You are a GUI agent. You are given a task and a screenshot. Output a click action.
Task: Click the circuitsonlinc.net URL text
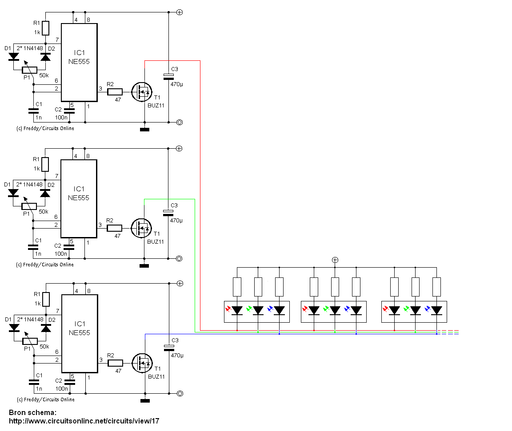coord(84,421)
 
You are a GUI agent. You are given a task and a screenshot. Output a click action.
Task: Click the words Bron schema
coord(32,412)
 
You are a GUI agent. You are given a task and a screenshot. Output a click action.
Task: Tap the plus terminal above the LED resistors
coord(335,260)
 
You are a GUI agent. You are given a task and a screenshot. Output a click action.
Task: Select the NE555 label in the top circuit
coord(79,62)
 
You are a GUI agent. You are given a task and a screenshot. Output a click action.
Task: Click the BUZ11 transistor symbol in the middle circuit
coord(141,228)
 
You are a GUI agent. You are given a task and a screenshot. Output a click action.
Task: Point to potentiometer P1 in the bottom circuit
coord(30,341)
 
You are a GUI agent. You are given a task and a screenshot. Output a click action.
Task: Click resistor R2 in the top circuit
coord(115,92)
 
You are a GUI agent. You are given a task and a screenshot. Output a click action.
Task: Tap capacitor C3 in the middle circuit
coord(168,213)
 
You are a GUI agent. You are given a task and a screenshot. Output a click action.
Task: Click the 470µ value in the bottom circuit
coord(177,356)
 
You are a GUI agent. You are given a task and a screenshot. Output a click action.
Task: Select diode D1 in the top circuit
coord(13,57)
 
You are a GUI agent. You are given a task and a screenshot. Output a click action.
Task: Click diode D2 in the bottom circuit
coord(46,328)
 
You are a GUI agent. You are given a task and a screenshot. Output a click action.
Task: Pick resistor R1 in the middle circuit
coord(45,164)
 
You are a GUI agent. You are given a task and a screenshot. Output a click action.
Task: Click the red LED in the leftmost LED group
coord(237,310)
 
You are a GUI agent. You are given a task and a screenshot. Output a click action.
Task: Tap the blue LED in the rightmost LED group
coord(436,310)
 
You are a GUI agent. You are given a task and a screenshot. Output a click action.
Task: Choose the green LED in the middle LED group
coord(335,310)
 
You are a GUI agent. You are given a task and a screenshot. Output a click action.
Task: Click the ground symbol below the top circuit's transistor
coord(144,130)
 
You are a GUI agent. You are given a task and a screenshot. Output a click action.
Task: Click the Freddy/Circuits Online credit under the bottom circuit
coord(46,399)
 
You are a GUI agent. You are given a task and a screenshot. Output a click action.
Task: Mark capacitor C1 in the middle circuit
coord(33,247)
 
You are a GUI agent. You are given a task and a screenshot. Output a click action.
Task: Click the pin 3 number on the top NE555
coord(100,88)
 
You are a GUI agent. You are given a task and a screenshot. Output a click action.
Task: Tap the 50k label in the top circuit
coord(44,75)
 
